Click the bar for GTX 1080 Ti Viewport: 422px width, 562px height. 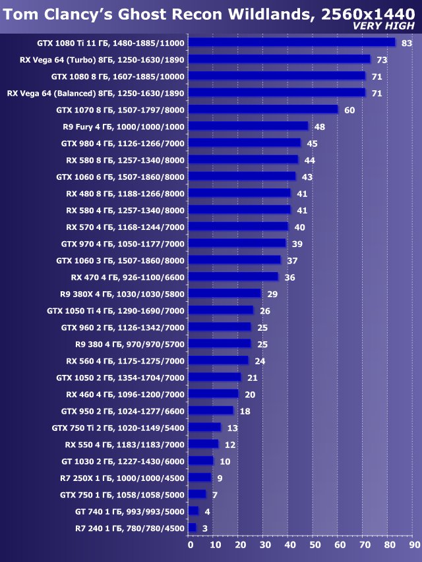tap(291, 43)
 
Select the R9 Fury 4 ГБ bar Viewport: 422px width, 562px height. tap(248, 126)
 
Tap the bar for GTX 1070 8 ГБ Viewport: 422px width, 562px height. tap(262, 109)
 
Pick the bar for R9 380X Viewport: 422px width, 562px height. tap(224, 293)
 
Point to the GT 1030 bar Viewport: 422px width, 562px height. tap(200, 461)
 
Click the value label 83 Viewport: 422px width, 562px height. tap(406, 43)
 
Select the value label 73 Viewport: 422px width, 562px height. tap(382, 59)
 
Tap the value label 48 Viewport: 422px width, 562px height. tap(320, 126)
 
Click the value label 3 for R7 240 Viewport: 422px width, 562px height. tap(205, 528)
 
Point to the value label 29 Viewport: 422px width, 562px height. tap(272, 294)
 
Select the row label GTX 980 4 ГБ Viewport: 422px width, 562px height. tap(123, 143)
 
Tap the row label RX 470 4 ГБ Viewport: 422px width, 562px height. tap(128, 277)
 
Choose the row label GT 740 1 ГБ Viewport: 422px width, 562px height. tap(130, 511)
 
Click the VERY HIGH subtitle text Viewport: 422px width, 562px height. tap(384, 26)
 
